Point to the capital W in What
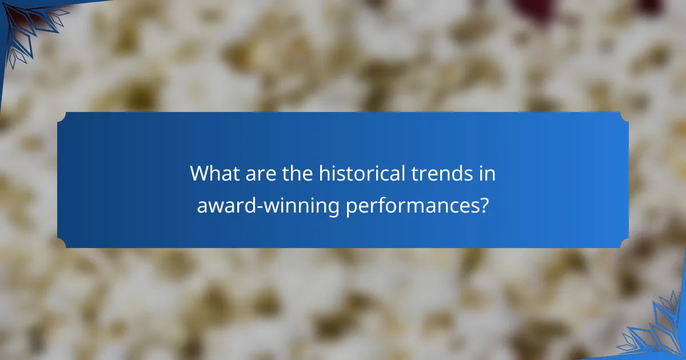(200, 173)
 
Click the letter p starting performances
(351, 207)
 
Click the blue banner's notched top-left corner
(62, 117)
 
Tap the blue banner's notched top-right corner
(624, 117)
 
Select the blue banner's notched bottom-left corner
(62, 243)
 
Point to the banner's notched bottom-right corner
(624, 243)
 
